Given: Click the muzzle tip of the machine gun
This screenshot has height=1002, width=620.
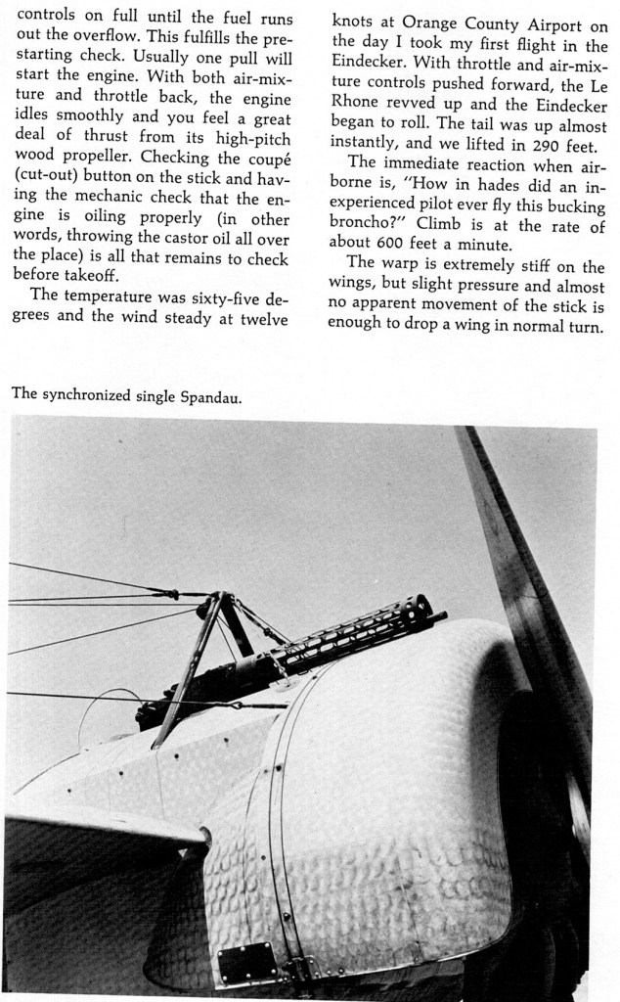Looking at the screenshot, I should click(440, 616).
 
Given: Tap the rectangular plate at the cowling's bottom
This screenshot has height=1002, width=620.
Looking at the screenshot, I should click(246, 964).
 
